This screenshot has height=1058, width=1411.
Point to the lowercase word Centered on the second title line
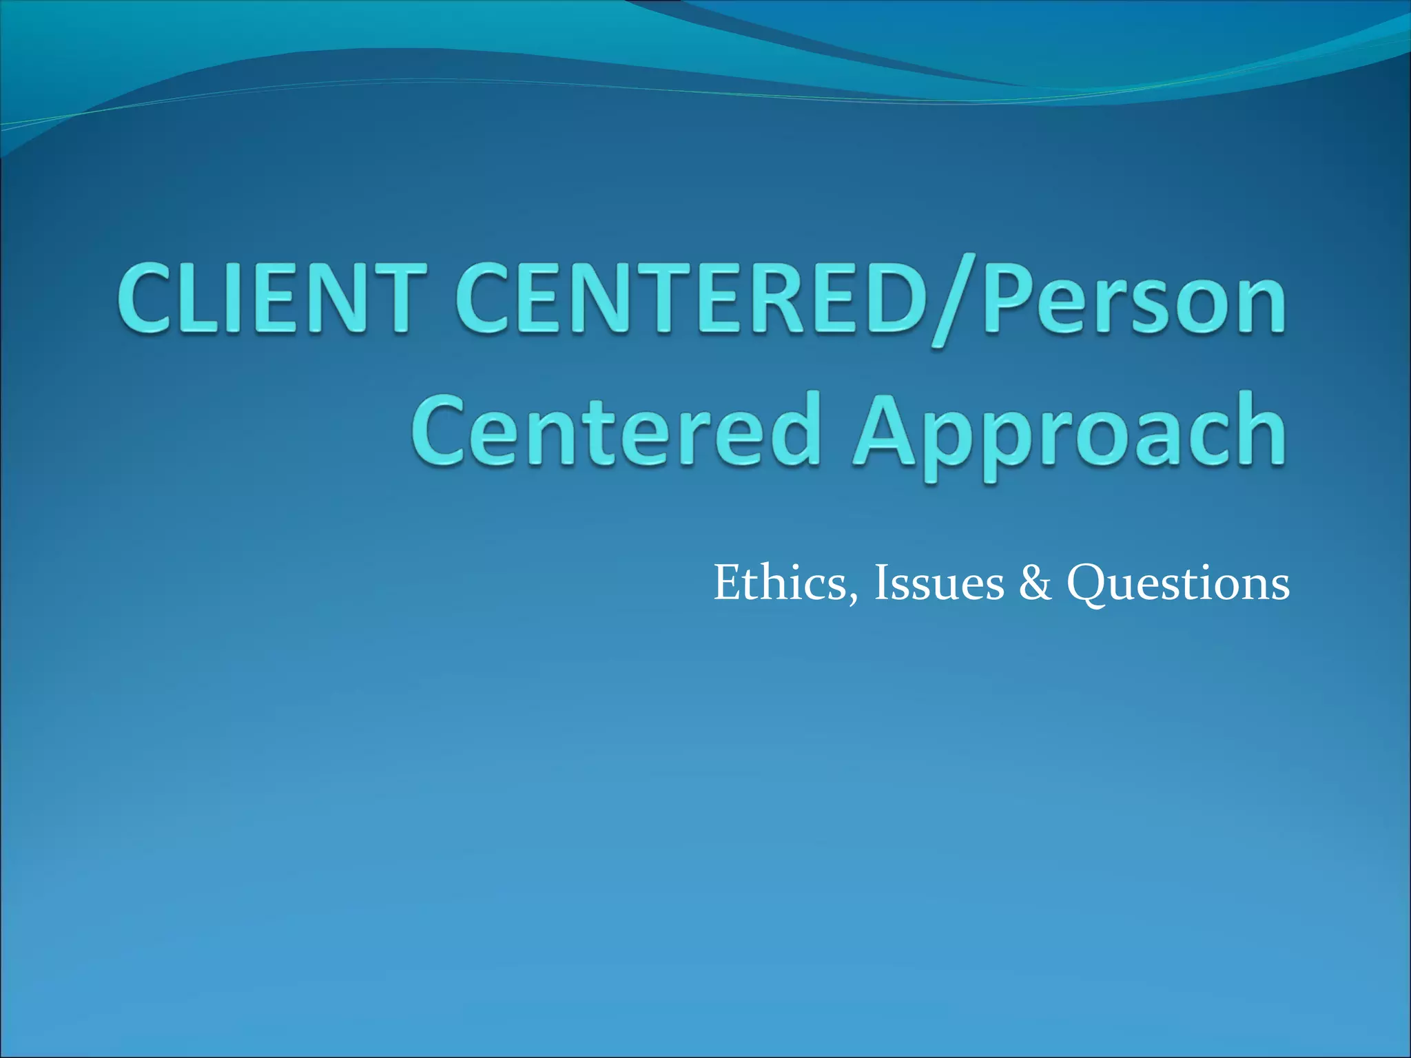(617, 431)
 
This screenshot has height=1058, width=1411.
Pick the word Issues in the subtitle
(939, 583)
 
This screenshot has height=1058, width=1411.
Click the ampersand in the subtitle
(1036, 583)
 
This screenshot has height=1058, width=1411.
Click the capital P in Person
(1009, 298)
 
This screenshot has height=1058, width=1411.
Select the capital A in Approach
(889, 431)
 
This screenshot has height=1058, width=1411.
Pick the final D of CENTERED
(894, 298)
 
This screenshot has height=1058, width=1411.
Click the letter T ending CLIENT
(395, 298)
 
